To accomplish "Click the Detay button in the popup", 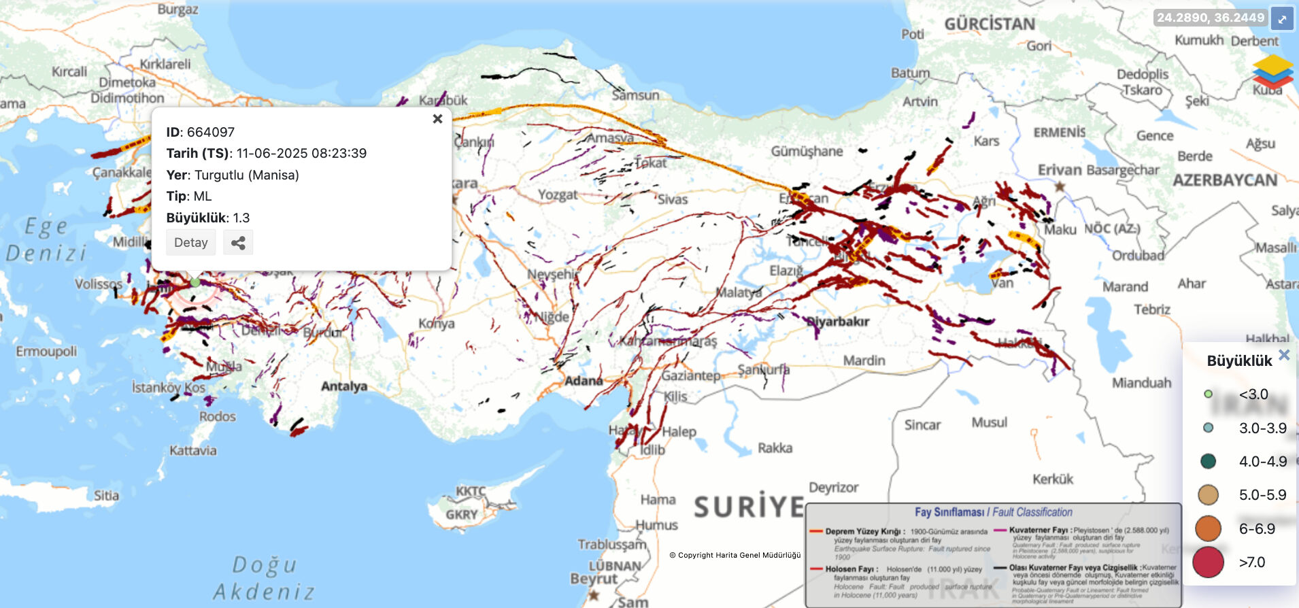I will click(190, 243).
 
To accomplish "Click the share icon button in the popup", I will click(238, 243).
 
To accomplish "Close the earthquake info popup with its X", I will click(437, 119).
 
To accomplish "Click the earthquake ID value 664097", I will click(210, 132).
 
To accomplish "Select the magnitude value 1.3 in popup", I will click(241, 218).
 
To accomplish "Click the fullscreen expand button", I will click(1282, 19).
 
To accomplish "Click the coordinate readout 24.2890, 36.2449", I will click(1210, 18).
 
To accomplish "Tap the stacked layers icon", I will click(1272, 72).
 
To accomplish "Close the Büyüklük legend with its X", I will click(1284, 355).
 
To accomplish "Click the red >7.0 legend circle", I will click(1208, 562).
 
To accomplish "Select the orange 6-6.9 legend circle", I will click(1208, 528).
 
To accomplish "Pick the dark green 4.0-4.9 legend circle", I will click(1208, 461).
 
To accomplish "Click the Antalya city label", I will click(343, 386).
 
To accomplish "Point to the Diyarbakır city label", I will click(838, 322).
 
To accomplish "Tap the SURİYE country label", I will click(749, 507).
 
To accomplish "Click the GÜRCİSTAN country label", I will click(990, 24).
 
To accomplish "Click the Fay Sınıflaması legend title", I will click(993, 512).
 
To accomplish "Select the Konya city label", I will click(436, 324).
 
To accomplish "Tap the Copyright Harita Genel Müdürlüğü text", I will click(735, 555).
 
